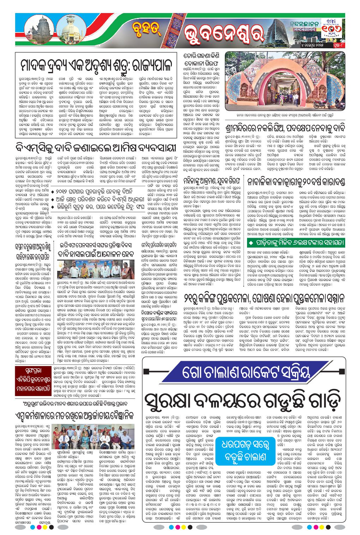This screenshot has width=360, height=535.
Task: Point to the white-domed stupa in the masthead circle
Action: click(x=76, y=29)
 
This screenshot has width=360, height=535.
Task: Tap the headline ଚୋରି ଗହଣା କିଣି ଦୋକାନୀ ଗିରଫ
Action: click(x=202, y=60)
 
